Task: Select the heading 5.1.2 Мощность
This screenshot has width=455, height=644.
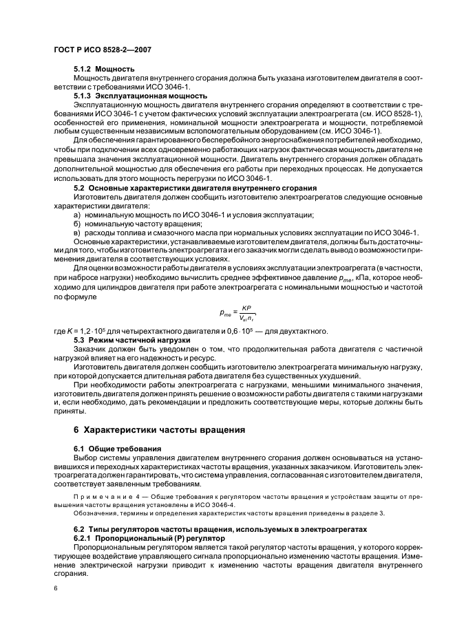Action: click(x=104, y=69)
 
